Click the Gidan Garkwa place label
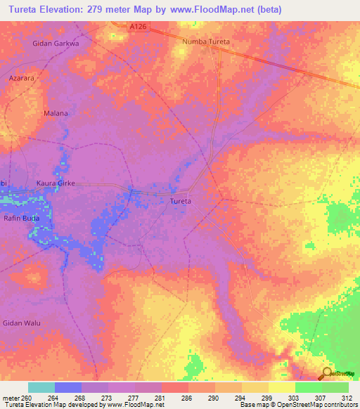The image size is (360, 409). (x=56, y=43)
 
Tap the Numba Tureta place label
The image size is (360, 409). (x=206, y=42)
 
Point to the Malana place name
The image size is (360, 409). (x=56, y=113)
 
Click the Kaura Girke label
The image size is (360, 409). (x=56, y=183)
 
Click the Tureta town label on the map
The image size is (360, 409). (x=181, y=201)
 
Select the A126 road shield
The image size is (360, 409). (x=139, y=27)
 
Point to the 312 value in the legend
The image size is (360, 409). (x=347, y=398)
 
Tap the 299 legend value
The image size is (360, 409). (x=266, y=398)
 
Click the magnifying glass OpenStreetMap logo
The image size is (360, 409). (x=326, y=374)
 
